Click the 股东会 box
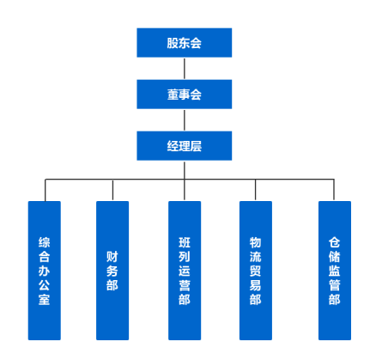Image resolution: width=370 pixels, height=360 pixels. click(x=185, y=43)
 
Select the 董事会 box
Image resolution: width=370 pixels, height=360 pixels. click(x=185, y=95)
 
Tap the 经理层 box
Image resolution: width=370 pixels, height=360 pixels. click(x=185, y=146)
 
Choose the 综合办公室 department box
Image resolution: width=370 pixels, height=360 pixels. click(x=45, y=271)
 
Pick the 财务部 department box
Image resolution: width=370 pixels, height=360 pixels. click(x=112, y=271)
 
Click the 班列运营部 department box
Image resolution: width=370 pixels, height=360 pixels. click(x=185, y=271)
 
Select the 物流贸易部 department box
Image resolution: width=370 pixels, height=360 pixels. click(x=256, y=271)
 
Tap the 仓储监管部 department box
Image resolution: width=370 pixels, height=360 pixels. click(x=335, y=271)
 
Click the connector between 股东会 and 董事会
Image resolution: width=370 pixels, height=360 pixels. click(x=185, y=69)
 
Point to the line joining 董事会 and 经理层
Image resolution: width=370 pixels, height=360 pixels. click(x=185, y=120)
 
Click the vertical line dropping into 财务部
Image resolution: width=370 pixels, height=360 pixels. click(x=112, y=190)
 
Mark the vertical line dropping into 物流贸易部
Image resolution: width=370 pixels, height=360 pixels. click(x=255, y=190)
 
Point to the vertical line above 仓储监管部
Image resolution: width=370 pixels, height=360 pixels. click(x=334, y=190)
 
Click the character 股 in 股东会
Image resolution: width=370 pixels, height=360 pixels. click(x=173, y=43)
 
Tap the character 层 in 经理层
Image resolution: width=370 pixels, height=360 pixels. click(x=196, y=146)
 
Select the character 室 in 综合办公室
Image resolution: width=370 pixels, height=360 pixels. click(x=45, y=299)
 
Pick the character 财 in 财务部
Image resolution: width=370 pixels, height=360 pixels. click(x=112, y=257)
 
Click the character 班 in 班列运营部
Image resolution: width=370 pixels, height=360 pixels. click(x=185, y=242)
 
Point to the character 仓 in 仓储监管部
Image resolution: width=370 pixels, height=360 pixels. click(x=334, y=242)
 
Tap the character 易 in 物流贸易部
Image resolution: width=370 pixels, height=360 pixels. click(x=255, y=285)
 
